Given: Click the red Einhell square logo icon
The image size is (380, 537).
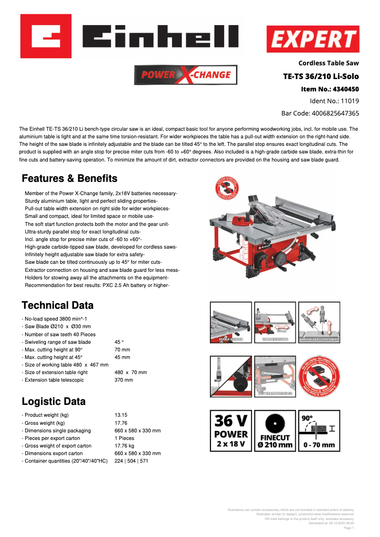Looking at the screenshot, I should (45, 36).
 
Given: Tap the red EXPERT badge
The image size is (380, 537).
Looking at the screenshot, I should (313, 39).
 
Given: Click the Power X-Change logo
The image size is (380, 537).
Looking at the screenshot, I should (186, 75).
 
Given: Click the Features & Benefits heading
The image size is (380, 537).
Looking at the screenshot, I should (70, 179).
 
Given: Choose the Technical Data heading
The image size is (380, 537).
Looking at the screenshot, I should (58, 305).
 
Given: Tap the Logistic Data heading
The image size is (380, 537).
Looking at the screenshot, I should (54, 402).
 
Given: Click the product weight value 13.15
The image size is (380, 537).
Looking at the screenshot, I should (121, 415).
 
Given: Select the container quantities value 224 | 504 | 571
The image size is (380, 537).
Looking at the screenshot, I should (131, 461).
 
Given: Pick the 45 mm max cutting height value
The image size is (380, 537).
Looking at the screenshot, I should (122, 357).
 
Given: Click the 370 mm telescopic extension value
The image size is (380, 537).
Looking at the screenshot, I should (124, 380).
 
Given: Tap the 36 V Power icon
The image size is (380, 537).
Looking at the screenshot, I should (231, 430).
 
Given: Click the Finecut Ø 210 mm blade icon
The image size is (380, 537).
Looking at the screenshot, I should (275, 430).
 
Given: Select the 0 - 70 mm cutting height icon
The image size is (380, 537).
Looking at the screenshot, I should (319, 430).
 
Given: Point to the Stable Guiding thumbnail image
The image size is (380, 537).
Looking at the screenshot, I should (231, 322).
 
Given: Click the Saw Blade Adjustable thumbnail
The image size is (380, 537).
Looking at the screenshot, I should (319, 322).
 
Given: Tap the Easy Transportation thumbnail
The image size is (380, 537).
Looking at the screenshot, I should (275, 376).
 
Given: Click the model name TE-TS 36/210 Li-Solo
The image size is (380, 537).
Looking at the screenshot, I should (321, 76).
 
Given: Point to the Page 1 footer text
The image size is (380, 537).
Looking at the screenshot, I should (348, 528).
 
